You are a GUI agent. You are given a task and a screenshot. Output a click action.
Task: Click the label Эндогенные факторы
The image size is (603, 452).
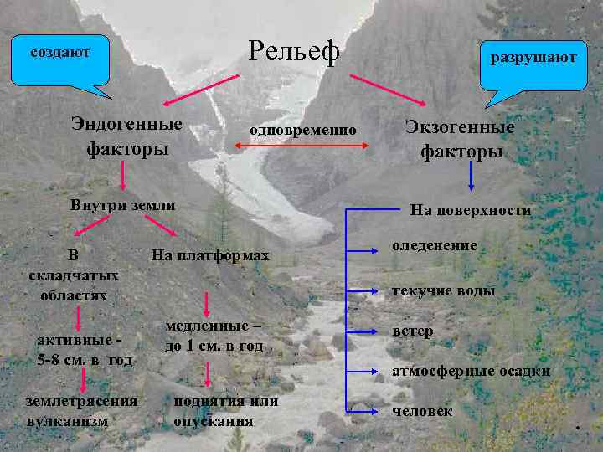(x=126, y=136)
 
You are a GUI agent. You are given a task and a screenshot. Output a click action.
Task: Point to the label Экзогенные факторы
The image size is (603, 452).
(x=461, y=139)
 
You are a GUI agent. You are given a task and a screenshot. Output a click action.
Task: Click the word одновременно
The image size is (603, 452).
(x=302, y=131)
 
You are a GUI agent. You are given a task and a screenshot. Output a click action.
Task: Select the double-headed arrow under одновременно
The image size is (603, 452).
(x=301, y=146)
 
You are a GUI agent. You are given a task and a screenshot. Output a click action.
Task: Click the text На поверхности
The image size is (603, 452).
(x=470, y=210)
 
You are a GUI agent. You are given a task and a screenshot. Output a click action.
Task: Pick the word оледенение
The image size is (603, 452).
(x=435, y=246)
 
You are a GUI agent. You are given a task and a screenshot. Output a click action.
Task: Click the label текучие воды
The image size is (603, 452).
(x=444, y=290)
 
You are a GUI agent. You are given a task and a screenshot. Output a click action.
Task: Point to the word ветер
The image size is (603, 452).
(x=413, y=331)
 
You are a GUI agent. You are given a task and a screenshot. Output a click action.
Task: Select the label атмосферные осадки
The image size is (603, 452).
(x=472, y=371)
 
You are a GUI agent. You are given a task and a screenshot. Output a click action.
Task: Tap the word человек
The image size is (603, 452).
(x=423, y=411)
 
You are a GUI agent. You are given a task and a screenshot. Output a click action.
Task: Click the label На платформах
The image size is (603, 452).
(x=210, y=254)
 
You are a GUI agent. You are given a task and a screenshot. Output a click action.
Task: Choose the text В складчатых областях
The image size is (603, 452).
(x=74, y=275)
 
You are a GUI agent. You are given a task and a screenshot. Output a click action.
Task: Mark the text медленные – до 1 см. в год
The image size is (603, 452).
(x=214, y=336)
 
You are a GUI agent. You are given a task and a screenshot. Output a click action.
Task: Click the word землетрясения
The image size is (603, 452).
(x=81, y=401)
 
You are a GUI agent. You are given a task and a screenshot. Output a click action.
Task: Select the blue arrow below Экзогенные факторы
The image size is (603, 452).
(x=472, y=177)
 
